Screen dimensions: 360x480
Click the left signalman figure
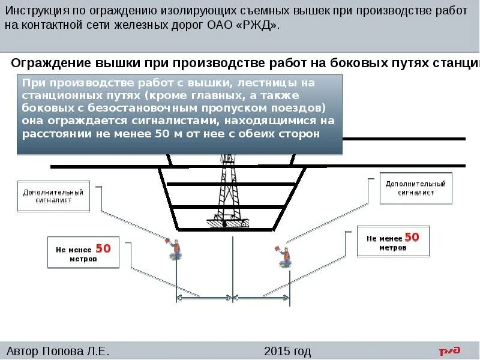coord(176,250)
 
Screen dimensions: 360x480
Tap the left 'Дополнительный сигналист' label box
coord(53,196)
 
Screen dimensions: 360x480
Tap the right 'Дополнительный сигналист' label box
coord(415,188)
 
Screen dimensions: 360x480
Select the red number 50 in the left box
coord(103,248)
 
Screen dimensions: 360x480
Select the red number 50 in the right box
coord(412,237)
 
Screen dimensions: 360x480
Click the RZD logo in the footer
coord(449,351)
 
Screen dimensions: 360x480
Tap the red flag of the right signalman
coord(277,247)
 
